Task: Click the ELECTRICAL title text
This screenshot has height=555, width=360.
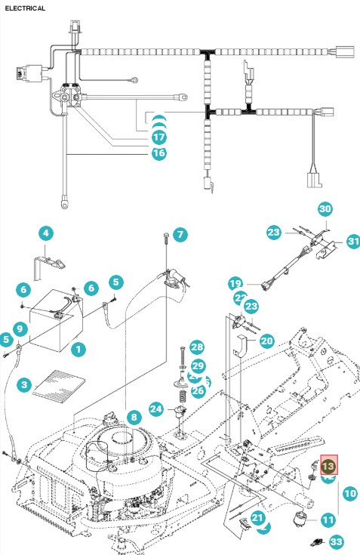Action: tap(25, 8)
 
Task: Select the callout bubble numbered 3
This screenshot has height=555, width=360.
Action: tap(25, 386)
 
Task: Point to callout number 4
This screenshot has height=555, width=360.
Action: tap(45, 233)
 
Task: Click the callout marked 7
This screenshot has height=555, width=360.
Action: tap(179, 235)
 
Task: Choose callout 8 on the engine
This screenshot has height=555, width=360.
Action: tap(133, 417)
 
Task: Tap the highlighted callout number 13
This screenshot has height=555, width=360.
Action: tap(330, 464)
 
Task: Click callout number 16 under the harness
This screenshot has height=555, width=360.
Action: tap(158, 153)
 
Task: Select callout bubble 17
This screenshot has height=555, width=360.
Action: tap(158, 138)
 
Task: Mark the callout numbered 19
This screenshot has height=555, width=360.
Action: tap(235, 283)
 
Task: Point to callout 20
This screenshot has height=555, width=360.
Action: tap(266, 341)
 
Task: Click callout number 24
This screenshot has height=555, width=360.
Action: tap(156, 409)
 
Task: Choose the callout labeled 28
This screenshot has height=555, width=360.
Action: tap(197, 347)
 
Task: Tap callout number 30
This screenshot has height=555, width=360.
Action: tap(325, 208)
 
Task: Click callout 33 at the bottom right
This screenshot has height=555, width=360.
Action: tap(337, 541)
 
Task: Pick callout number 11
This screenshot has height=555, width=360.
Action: tap(328, 520)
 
